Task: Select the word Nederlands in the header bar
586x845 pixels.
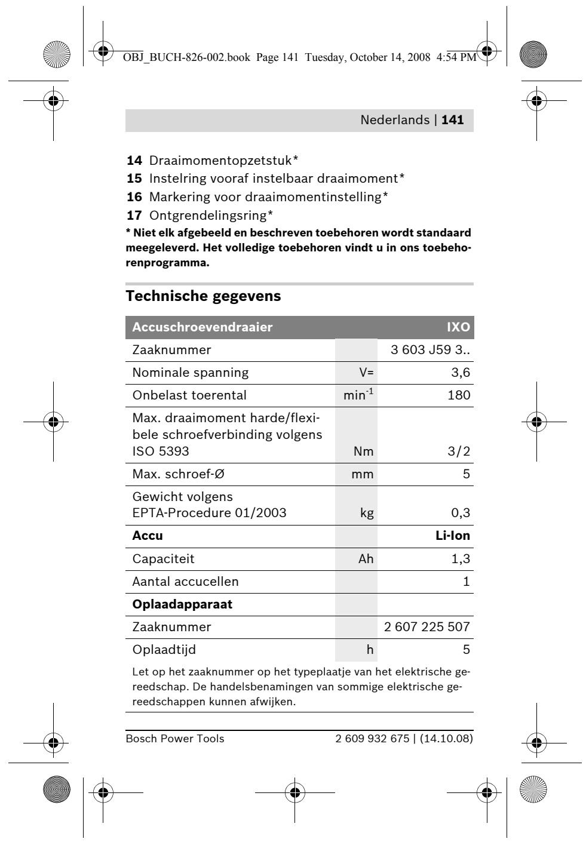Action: click(394, 120)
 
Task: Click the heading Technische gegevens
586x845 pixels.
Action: click(203, 296)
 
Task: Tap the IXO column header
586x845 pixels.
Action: click(458, 327)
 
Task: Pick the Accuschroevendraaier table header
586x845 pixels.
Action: click(202, 327)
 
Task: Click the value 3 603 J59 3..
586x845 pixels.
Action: click(429, 350)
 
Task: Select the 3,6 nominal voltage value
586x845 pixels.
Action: click(461, 373)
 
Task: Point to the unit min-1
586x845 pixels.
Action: click(357, 395)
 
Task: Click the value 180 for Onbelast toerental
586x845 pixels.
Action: click(459, 395)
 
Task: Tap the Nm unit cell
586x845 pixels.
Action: click(364, 451)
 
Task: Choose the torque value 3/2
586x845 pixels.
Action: click(459, 451)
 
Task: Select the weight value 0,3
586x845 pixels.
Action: click(460, 513)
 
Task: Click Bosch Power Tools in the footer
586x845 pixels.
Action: click(174, 739)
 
